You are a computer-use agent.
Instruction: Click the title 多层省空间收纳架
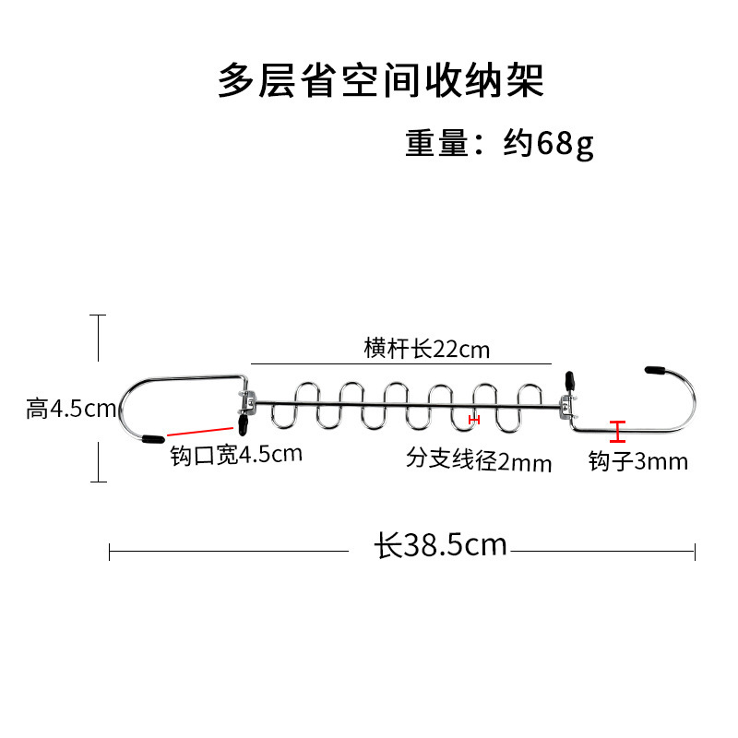click(381, 81)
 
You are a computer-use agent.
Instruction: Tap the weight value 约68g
click(549, 144)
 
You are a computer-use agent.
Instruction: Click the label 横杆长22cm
click(426, 349)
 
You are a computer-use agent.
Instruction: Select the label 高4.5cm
click(70, 408)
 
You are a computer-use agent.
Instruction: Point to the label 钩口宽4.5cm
click(236, 454)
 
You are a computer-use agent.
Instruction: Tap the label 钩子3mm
click(638, 460)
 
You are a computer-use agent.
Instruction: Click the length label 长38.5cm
click(441, 545)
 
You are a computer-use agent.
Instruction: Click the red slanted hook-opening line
click(200, 431)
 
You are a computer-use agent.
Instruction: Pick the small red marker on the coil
click(474, 420)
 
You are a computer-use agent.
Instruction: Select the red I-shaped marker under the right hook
click(617, 430)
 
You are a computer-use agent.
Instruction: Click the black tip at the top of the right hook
click(656, 368)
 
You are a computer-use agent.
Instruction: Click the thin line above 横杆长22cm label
click(400, 363)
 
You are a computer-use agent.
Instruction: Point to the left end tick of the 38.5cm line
click(110, 552)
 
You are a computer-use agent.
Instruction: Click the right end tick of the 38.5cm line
click(695, 552)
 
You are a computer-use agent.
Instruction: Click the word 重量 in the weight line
click(437, 144)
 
